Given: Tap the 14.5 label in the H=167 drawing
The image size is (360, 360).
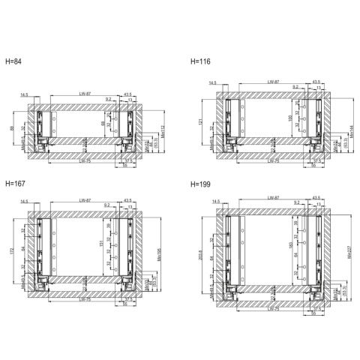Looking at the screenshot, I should pyautogui.click(x=25, y=201).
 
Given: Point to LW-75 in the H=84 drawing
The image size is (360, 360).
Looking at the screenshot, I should pyautogui.click(x=85, y=160).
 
